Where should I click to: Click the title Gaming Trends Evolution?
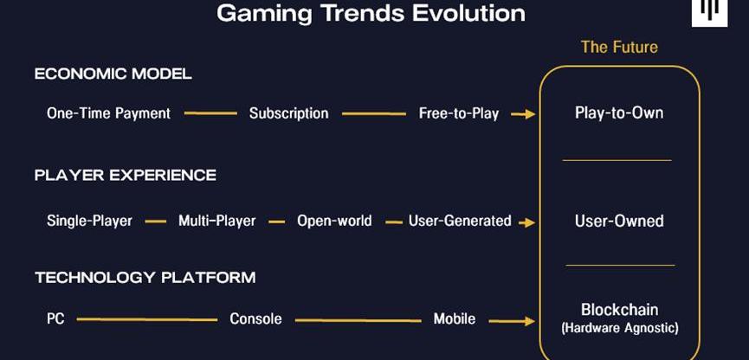(371, 13)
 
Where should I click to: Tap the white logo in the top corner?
(709, 13)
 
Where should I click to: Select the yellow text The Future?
(619, 47)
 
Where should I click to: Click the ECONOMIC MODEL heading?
(113, 74)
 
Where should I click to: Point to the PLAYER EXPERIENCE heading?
(126, 175)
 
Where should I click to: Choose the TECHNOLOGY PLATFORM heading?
(145, 278)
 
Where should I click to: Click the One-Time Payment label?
(108, 113)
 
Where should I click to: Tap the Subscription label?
(289, 113)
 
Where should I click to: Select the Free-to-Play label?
(459, 113)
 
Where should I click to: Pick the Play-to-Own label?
(619, 113)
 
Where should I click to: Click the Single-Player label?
(89, 221)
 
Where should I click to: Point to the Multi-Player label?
(216, 221)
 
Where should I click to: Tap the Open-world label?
(334, 221)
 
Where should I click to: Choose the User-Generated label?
(460, 221)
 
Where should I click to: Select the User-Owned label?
(619, 221)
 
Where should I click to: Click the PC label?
(55, 319)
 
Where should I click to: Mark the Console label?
(255, 319)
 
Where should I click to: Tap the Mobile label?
(455, 319)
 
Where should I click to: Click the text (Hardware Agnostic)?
(620, 329)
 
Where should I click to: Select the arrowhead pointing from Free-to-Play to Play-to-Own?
(529, 114)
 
